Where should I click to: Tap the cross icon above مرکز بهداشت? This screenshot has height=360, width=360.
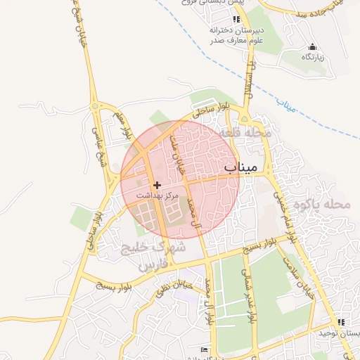pos(157,184)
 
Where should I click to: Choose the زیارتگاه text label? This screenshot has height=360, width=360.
pos(311,57)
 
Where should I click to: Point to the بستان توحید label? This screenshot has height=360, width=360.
pos(341,333)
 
